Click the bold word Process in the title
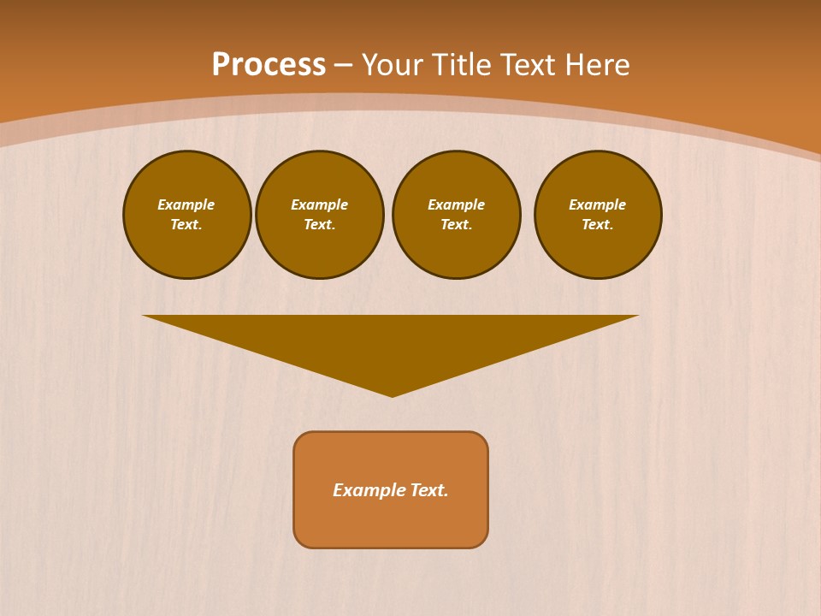click(269, 65)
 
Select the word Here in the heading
click(597, 65)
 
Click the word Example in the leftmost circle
click(186, 204)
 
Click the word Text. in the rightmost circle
click(598, 224)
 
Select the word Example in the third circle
click(457, 204)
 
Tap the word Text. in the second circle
click(320, 224)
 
